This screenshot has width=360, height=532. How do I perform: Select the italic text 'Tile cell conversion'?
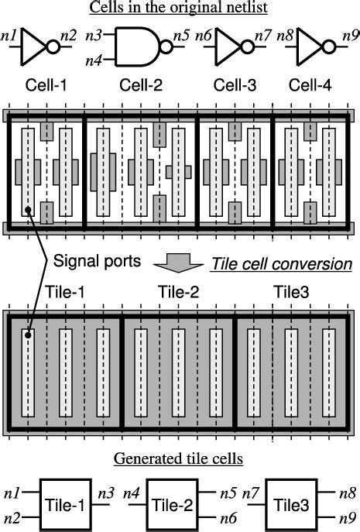pyautogui.click(x=282, y=264)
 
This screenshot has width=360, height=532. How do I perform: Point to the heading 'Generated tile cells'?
pyautogui.click(x=179, y=458)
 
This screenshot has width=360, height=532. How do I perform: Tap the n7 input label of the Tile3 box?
pyautogui.click(x=250, y=493)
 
